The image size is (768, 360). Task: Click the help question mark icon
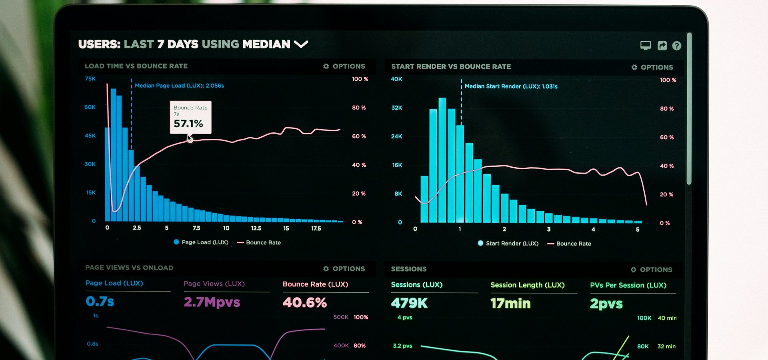click(x=676, y=46)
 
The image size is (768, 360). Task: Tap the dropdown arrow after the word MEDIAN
click(x=301, y=44)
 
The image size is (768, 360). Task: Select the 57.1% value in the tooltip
click(x=188, y=124)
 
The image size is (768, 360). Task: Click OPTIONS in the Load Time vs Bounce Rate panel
click(x=344, y=66)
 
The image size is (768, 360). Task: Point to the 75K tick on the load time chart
click(x=90, y=79)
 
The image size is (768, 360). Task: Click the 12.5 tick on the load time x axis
click(x=256, y=228)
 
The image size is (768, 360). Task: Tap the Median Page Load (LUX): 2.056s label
click(x=179, y=86)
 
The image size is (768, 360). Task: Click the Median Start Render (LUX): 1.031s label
click(x=511, y=86)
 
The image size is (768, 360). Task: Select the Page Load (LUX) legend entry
click(x=201, y=242)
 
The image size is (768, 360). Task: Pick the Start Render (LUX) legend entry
click(x=508, y=243)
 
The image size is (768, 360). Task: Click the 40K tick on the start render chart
click(x=396, y=79)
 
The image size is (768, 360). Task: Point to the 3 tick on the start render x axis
click(x=549, y=229)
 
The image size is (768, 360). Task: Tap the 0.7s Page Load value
click(x=100, y=301)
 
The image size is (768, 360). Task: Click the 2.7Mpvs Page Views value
click(x=212, y=302)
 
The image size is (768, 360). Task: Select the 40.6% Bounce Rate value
click(x=305, y=302)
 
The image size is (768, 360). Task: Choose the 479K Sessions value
click(x=409, y=303)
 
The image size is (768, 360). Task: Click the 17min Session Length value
click(x=510, y=304)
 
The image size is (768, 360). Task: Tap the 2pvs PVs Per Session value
click(x=606, y=304)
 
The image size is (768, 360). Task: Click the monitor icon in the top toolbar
click(x=646, y=46)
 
